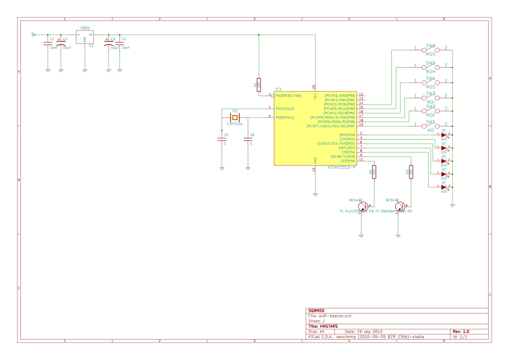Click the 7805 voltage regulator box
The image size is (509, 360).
pyautogui.click(x=85, y=37)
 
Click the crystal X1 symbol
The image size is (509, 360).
pyautogui.click(x=235, y=118)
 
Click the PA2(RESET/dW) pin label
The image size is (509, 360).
pyautogui.click(x=288, y=96)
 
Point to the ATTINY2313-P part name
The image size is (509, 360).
pyautogui.click(x=341, y=167)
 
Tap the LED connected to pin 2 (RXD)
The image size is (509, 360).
pyautogui.click(x=443, y=135)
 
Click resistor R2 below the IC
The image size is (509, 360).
pyautogui.click(x=374, y=172)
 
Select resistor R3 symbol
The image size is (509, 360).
pyautogui.click(x=411, y=172)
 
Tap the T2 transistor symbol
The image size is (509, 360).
pyautogui.click(x=400, y=207)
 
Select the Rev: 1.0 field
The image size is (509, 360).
pyautogui.click(x=461, y=331)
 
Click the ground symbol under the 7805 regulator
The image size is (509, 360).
pyautogui.click(x=85, y=71)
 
